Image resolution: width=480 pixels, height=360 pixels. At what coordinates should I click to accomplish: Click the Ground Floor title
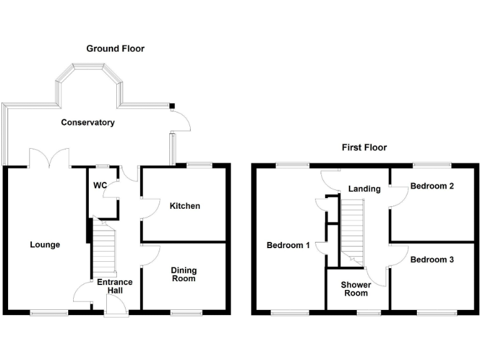point(115,48)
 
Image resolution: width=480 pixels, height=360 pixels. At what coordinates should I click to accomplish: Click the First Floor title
point(364,147)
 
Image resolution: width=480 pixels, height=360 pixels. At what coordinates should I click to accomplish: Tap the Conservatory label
point(87,122)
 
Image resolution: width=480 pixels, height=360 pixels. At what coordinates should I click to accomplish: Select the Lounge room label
point(45,244)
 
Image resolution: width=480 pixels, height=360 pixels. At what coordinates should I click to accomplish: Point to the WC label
point(99,186)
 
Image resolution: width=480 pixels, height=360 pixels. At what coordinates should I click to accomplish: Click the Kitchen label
point(185,206)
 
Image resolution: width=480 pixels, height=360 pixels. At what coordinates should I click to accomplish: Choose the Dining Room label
point(184,274)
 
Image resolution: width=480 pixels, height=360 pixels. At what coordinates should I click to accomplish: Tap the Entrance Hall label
point(114,286)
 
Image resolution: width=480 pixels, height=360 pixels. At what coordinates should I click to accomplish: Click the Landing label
point(364,189)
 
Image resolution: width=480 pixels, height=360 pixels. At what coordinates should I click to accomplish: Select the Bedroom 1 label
point(288,245)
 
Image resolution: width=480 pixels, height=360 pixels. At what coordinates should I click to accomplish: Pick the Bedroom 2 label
point(432,186)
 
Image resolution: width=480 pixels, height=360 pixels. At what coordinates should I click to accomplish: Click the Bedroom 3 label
point(432,259)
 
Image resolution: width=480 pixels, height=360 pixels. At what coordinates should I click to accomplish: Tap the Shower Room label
point(355,289)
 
